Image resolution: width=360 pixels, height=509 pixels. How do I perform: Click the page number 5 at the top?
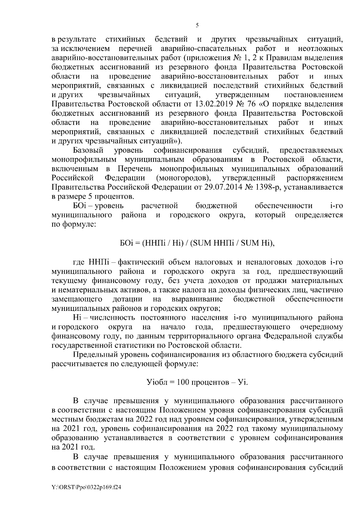(x=197, y=25)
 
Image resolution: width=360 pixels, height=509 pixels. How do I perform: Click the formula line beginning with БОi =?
(x=197, y=243)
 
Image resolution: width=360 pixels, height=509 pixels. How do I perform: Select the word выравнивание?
(x=197, y=299)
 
